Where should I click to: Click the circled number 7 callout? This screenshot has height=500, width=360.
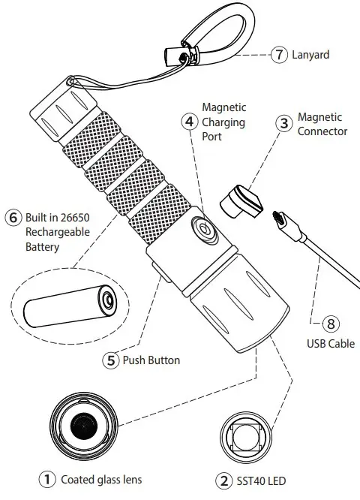pos(279,55)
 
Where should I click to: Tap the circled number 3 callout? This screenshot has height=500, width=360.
pos(283,125)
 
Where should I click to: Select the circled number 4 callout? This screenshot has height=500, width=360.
pos(190,121)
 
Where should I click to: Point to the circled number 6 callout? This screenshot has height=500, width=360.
pos(13,218)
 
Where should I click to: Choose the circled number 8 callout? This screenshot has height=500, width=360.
pos(331,325)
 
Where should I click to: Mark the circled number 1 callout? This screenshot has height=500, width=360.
pos(47,478)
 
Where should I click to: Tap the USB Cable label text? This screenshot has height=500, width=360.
pos(331,345)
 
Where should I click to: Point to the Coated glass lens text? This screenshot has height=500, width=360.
pos(100,479)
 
